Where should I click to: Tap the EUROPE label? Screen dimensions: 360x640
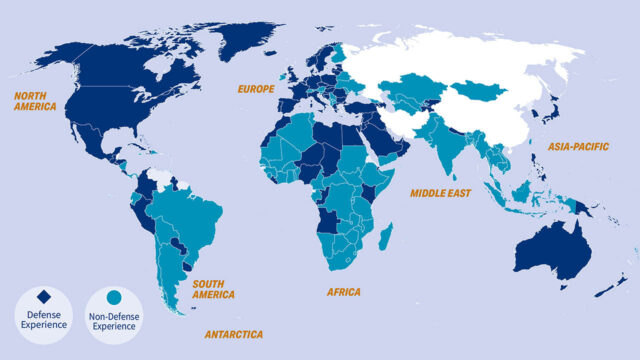tap(255, 89)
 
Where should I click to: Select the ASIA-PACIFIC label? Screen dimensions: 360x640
tap(578, 146)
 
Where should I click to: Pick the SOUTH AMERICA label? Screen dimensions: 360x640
tap(214, 289)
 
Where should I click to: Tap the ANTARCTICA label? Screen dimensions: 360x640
tap(234, 333)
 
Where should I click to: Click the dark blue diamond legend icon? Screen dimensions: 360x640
tap(43, 297)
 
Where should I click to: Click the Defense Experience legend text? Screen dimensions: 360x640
tap(43, 319)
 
